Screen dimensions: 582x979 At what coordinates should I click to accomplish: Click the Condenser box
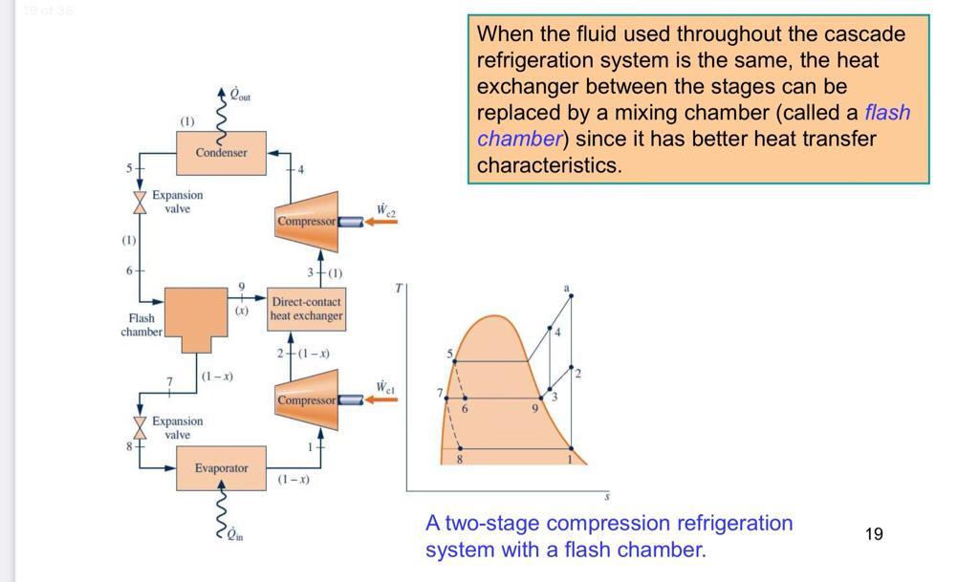(x=221, y=153)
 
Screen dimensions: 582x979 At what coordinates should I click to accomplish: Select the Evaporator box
(x=221, y=468)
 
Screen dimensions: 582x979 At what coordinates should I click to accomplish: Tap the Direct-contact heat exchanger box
(x=306, y=309)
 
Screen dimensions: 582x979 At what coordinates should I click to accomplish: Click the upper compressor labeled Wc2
(x=306, y=221)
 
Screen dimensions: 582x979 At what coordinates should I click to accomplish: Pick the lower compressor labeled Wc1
(x=306, y=399)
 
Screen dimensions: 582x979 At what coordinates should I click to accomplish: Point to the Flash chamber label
(x=141, y=325)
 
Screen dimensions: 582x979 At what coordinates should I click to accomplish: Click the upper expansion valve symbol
(x=140, y=202)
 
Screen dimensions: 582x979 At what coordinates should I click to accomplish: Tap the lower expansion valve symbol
(x=140, y=427)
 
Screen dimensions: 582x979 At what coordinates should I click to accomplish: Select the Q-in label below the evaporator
(x=234, y=535)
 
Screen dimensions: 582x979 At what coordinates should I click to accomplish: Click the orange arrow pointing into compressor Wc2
(x=381, y=221)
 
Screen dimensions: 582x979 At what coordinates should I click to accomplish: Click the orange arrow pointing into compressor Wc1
(x=381, y=399)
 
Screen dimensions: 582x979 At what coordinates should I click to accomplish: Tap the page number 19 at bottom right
(x=874, y=534)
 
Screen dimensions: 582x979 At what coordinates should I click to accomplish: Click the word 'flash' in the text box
(x=887, y=113)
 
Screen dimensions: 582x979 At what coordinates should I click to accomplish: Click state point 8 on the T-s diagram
(x=460, y=448)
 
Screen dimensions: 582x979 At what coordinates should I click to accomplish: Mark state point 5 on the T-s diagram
(x=455, y=361)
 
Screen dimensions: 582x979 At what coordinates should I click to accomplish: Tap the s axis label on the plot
(x=606, y=497)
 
